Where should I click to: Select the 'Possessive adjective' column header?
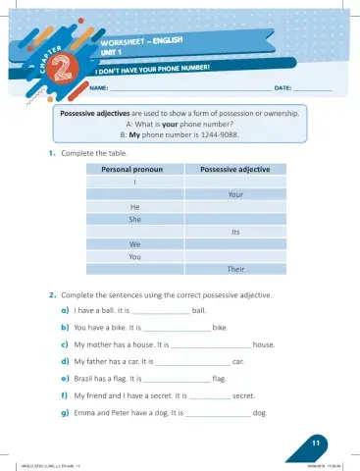235,170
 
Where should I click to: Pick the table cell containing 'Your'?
235,194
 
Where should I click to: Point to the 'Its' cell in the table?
236,232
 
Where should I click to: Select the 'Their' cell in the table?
235,268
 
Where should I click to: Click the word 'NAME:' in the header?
98,89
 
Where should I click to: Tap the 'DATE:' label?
283,89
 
